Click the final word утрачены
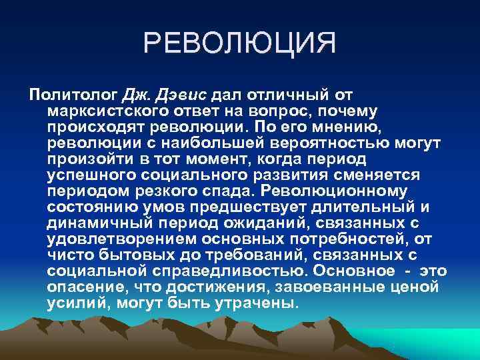pos(259,303)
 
